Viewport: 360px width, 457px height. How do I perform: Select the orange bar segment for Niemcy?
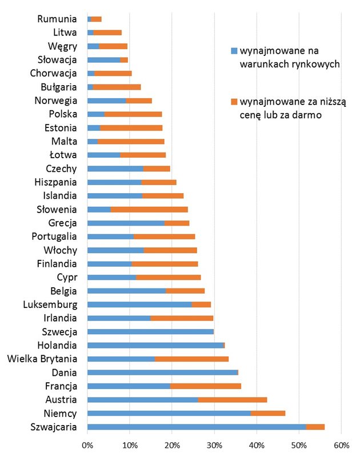268,413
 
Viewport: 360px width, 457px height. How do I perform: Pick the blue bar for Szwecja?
150,331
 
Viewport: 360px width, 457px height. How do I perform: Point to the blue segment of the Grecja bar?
126,223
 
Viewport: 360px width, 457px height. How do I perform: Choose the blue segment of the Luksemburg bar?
139,304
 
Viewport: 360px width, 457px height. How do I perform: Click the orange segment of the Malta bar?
131,141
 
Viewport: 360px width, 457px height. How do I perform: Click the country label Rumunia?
57,19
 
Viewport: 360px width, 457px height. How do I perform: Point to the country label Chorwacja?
53,73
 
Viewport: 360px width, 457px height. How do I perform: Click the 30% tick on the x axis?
214,444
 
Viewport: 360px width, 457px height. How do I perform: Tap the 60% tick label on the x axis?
341,444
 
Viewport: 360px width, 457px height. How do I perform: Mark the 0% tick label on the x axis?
87,444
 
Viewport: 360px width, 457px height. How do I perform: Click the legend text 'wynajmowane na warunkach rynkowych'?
289,57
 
